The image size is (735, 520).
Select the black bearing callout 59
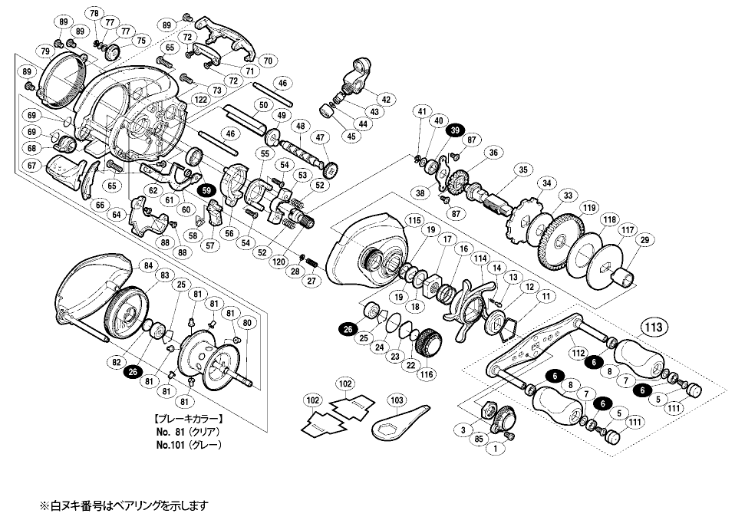pyautogui.click(x=205, y=190)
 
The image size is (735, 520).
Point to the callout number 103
pyautogui.click(x=396, y=400)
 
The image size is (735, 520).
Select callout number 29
pyautogui.click(x=644, y=241)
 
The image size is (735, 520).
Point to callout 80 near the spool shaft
pyautogui.click(x=247, y=322)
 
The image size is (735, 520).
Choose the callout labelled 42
pyautogui.click(x=385, y=100)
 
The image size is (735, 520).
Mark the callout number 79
pyautogui.click(x=45, y=51)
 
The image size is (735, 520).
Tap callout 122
pyautogui.click(x=201, y=100)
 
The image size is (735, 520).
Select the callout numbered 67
pyautogui.click(x=31, y=166)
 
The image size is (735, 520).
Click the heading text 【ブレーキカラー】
pyautogui.click(x=189, y=420)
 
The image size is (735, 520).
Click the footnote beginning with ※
pyautogui.click(x=124, y=506)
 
